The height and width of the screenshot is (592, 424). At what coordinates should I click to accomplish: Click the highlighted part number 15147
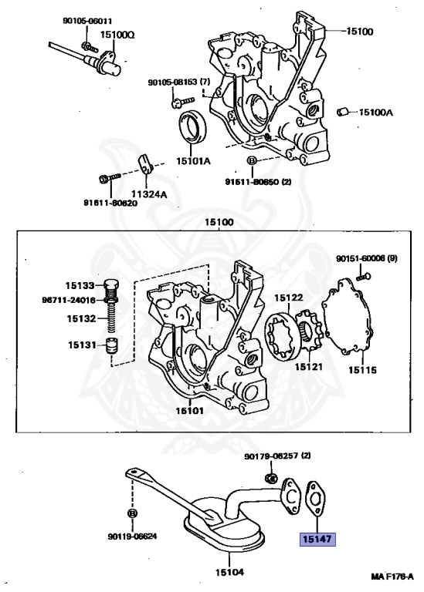pos(317,539)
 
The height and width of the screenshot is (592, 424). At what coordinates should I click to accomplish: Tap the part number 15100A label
pos(375,112)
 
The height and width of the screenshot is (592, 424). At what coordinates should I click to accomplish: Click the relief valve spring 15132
pos(111,318)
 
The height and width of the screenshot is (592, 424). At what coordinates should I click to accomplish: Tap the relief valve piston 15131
pos(111,345)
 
